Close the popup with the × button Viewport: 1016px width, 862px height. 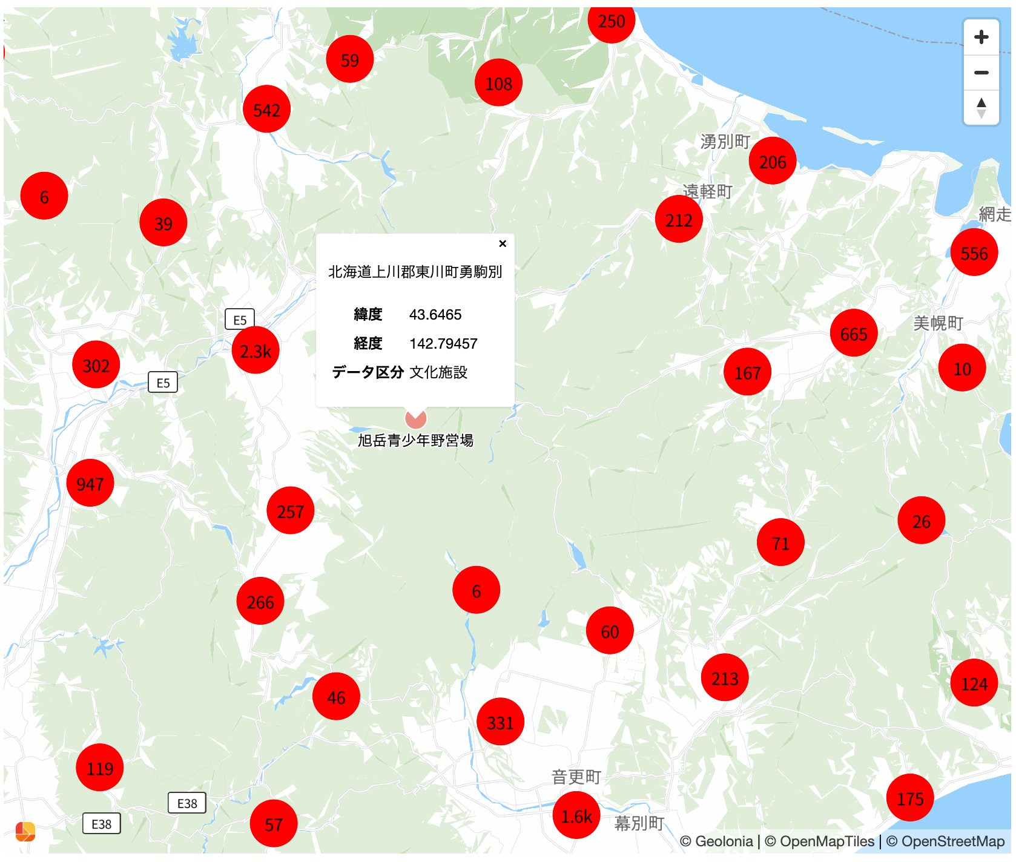(x=502, y=243)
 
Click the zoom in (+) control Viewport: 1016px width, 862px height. (x=981, y=38)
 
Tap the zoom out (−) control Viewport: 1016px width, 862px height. (x=981, y=73)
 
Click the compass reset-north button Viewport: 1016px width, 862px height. (x=981, y=108)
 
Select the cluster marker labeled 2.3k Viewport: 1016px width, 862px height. (x=256, y=350)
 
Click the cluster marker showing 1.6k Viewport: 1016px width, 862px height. (x=576, y=816)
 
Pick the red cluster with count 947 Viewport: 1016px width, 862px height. (x=90, y=483)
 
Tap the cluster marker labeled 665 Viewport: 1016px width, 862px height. (x=854, y=334)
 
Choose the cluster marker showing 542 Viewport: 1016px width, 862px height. (x=266, y=110)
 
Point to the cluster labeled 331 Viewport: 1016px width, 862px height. (x=500, y=722)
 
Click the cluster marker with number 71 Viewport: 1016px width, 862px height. (x=780, y=542)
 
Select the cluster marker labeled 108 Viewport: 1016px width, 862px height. (x=498, y=83)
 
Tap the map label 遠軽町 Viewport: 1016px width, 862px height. (x=707, y=191)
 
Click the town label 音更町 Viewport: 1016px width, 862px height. (x=576, y=777)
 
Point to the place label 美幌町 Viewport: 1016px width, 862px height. (x=938, y=323)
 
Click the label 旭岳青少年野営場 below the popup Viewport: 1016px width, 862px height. (x=415, y=440)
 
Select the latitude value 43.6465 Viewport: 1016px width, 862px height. (x=435, y=315)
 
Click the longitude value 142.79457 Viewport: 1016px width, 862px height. (x=443, y=344)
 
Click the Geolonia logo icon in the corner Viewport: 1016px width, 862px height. (x=25, y=832)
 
